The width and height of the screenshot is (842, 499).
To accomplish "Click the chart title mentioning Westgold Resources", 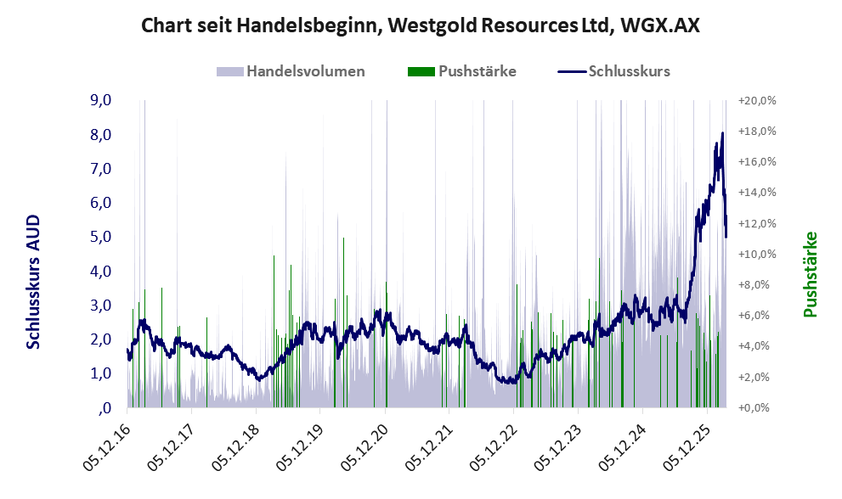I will (420, 25).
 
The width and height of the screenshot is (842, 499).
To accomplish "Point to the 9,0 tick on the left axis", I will (101, 100).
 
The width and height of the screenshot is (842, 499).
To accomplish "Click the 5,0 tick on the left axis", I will (101, 237).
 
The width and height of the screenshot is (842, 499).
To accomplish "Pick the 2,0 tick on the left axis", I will (101, 339).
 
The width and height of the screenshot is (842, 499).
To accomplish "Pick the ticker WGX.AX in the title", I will (659, 25).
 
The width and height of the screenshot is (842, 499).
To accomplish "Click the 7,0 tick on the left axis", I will (101, 169).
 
